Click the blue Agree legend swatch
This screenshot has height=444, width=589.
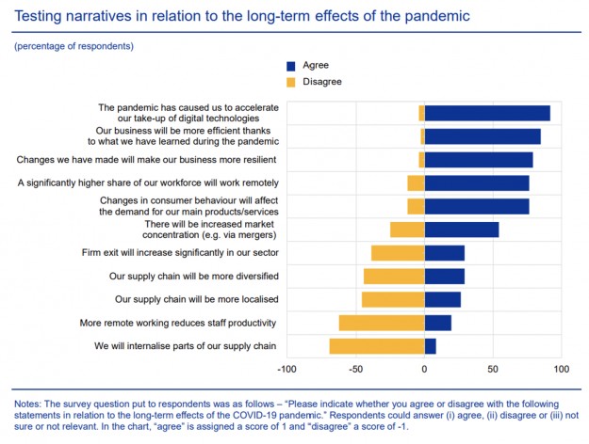[x=291, y=66]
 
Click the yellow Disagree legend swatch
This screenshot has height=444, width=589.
[x=291, y=82]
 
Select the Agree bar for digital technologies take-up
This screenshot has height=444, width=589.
[x=487, y=113]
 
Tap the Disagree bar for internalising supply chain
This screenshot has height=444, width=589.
[x=377, y=346]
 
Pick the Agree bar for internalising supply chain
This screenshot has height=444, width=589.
[x=431, y=346]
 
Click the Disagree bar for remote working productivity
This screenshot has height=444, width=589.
[x=382, y=323]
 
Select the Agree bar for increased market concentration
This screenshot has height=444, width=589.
[x=462, y=230]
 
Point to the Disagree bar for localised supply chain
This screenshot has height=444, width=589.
[x=393, y=299]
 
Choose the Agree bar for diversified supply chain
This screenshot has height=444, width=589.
[x=445, y=276]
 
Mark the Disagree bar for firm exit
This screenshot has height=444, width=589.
[x=398, y=253]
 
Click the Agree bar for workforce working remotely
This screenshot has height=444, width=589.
[x=477, y=182]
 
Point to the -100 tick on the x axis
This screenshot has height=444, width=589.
[x=288, y=370]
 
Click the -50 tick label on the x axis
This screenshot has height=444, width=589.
[x=356, y=370]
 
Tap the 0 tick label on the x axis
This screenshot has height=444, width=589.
[x=425, y=370]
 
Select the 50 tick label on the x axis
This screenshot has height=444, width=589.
[x=493, y=370]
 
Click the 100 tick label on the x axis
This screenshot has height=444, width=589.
[x=561, y=370]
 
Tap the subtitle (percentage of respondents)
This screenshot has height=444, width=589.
[x=74, y=46]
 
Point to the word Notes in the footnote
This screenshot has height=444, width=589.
[x=31, y=404]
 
